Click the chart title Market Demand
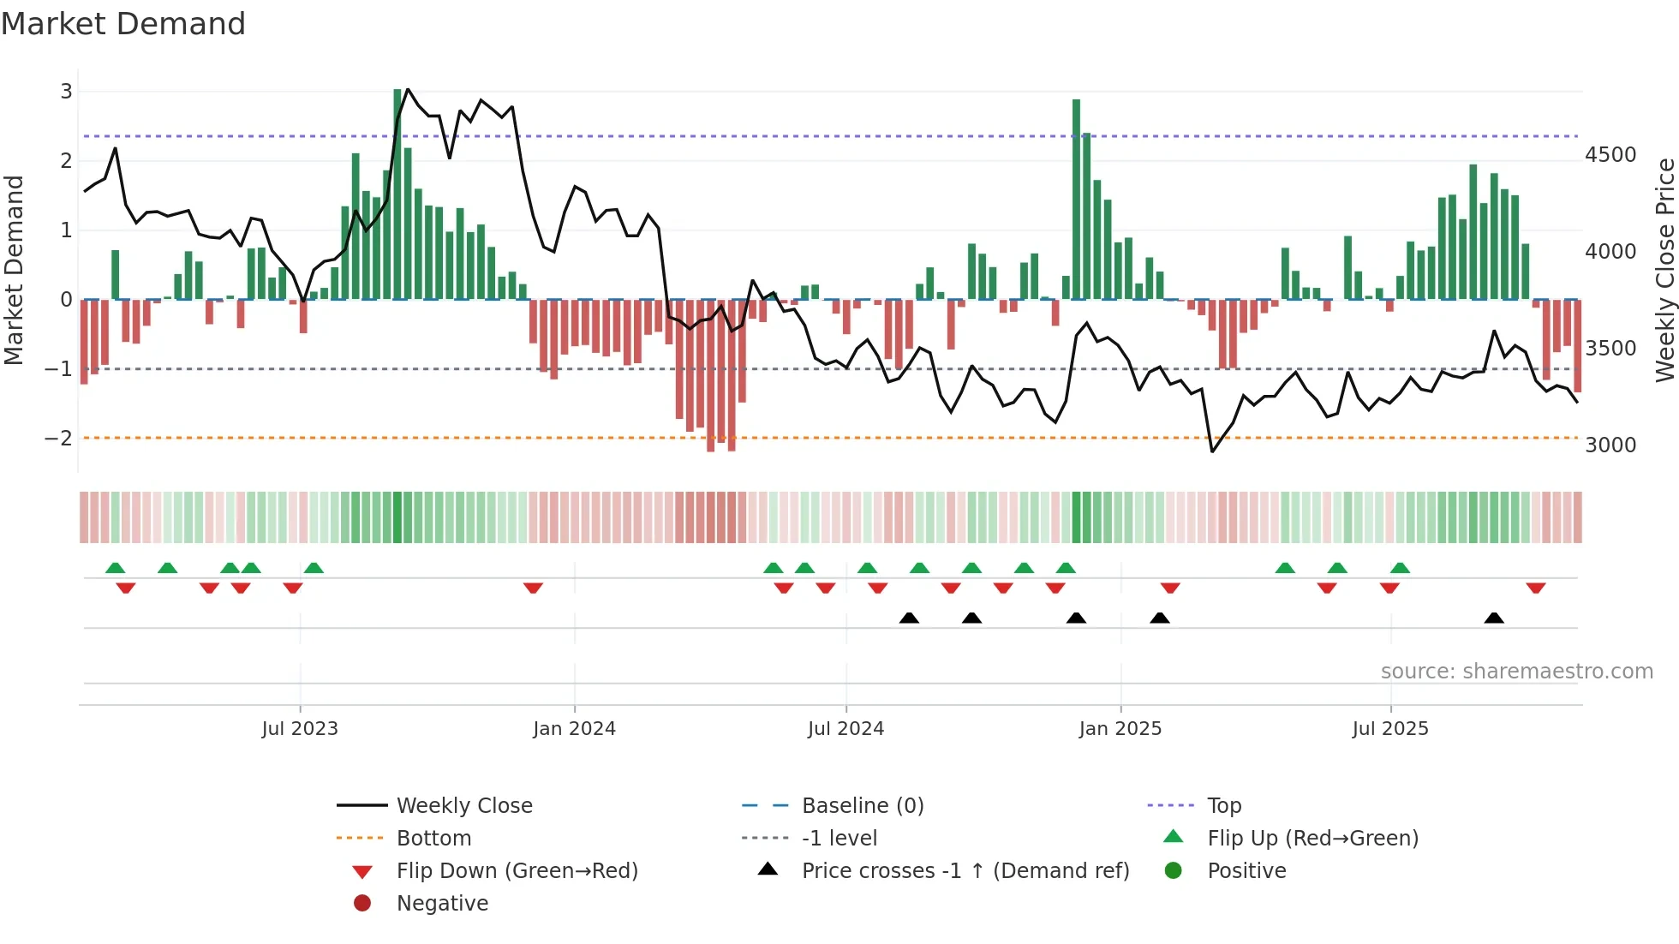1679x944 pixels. tap(123, 24)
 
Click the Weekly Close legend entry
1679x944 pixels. tap(463, 805)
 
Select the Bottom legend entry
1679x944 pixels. tap(433, 838)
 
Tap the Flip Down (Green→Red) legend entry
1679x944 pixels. tap(517, 870)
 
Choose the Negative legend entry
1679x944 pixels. tap(442, 903)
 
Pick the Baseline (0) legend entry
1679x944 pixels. tap(862, 805)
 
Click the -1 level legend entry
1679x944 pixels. tap(839, 838)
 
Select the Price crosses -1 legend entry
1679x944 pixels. tap(965, 870)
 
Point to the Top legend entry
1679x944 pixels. tap(1224, 805)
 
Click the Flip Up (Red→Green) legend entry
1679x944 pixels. tap(1312, 838)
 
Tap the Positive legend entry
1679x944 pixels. tap(1246, 870)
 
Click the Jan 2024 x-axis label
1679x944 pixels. tap(574, 728)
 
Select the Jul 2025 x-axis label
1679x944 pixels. tap(1390, 728)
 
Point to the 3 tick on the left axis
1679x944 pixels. tap(66, 91)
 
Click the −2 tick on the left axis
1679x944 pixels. tap(59, 438)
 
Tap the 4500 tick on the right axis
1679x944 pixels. tap(1610, 155)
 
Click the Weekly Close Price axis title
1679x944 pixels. tap(1664, 270)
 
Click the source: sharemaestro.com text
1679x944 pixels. tap(1516, 671)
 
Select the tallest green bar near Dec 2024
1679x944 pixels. tap(1076, 199)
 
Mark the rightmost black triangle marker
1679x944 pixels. tap(1494, 618)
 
